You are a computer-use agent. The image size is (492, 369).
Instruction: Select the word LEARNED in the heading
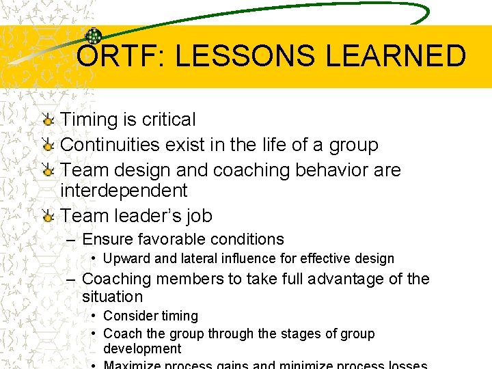click(x=396, y=56)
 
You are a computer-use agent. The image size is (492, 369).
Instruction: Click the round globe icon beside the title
click(x=93, y=38)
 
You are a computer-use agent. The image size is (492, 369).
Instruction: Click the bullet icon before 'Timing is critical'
click(x=48, y=120)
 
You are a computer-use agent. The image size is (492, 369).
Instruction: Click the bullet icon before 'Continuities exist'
click(x=48, y=146)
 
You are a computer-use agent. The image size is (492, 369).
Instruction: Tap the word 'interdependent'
click(x=124, y=190)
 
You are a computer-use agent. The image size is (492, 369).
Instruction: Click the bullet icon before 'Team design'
click(x=48, y=171)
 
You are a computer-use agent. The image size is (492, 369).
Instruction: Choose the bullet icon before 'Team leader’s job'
click(x=48, y=217)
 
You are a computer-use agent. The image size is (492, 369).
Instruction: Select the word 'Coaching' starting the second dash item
click(x=115, y=279)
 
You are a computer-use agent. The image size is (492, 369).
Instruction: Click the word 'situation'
click(x=112, y=297)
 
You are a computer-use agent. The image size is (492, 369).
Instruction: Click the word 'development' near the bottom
click(x=142, y=348)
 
